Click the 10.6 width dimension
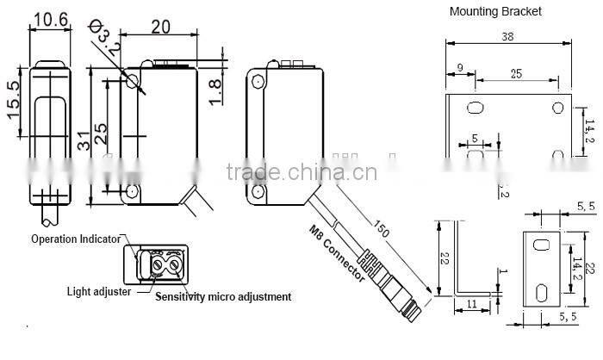coord(49,17)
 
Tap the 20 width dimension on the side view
coord(160,26)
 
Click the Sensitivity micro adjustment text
coord(223,297)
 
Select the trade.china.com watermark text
coord(301,171)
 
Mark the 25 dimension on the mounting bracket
coord(516,74)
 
